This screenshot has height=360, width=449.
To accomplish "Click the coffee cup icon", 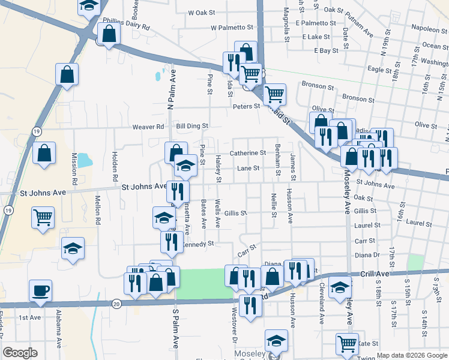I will coord(40,290).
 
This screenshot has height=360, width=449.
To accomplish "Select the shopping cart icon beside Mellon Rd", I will coord(43,218).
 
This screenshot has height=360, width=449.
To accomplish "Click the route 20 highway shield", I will coord(117,304).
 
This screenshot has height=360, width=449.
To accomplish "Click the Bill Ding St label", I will coord(191,127).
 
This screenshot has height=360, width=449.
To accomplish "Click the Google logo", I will coord(20,353).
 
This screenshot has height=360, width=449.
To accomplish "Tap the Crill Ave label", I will coord(376,274).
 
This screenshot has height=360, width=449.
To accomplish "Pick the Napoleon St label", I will coord(429,28).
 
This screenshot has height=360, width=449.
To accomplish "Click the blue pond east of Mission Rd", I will coord(85,160).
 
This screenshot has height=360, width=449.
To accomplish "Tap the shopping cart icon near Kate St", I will coord(347,344).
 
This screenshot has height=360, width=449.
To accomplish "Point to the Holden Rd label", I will coord(114,166).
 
